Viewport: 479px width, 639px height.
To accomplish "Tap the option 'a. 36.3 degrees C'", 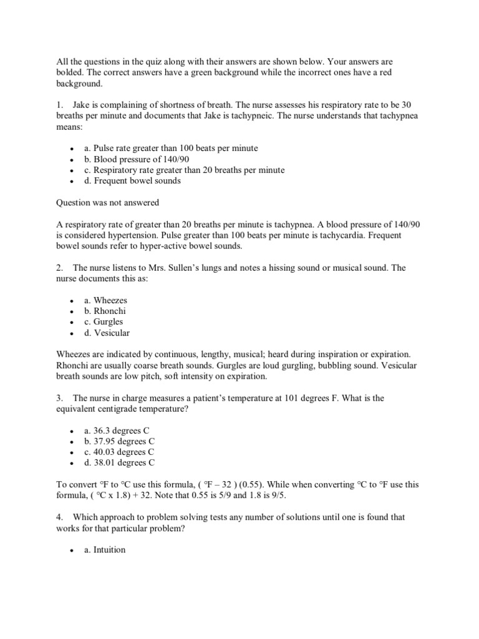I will (x=117, y=431).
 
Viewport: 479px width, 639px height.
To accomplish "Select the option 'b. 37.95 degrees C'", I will (x=119, y=441).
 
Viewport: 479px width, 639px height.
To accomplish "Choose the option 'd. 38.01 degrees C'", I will (x=119, y=462).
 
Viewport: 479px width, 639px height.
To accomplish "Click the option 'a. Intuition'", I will (x=105, y=550).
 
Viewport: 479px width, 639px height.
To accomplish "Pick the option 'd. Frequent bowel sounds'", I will (x=132, y=180).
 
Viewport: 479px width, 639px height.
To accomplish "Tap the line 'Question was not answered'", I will (x=108, y=202).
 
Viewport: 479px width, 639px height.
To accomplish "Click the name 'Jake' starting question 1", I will (x=83, y=105).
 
